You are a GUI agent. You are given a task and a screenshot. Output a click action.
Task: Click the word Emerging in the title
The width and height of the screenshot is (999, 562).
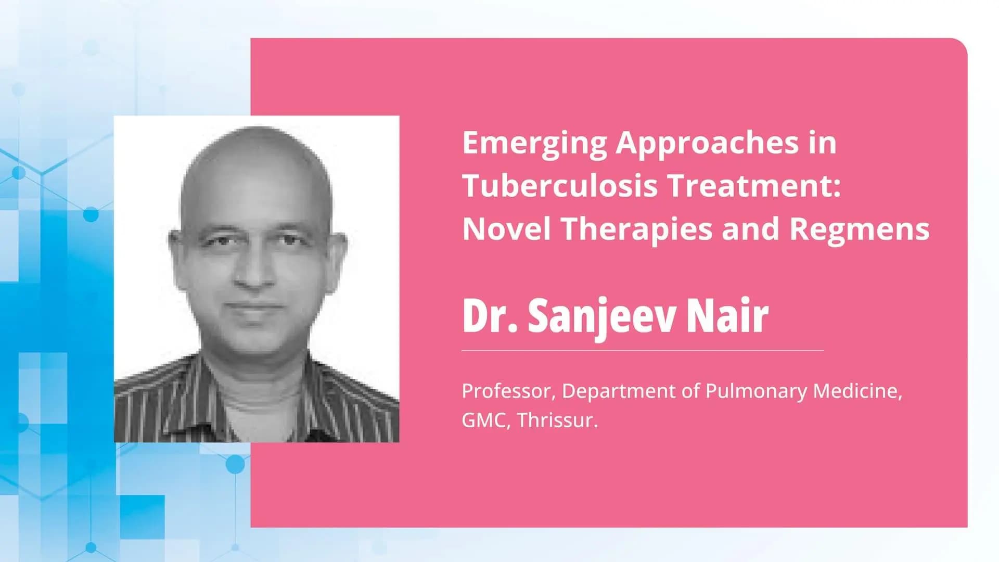534,143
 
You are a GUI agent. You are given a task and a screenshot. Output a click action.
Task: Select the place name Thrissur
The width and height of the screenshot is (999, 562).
557,420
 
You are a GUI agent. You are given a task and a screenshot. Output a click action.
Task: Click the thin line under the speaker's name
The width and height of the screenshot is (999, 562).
643,351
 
